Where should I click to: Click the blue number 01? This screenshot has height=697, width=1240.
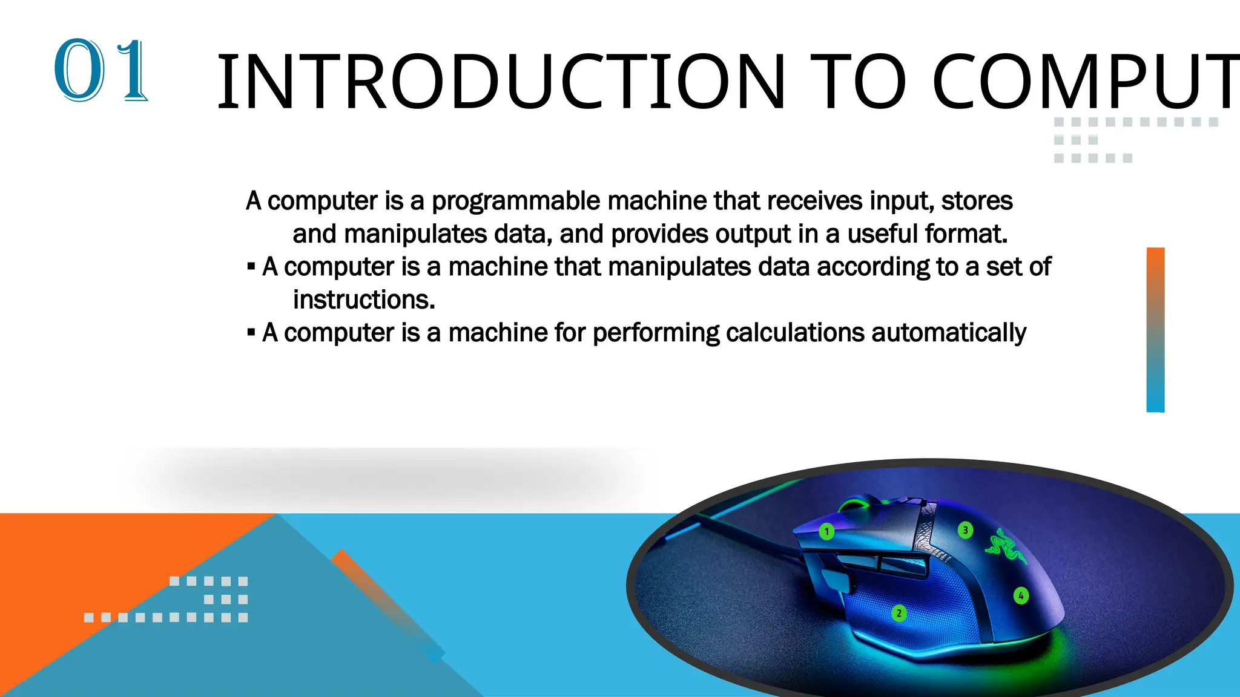101,70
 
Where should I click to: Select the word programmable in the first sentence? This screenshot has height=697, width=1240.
516,201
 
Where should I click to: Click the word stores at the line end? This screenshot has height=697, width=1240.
977,201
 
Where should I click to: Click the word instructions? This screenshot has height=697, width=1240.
364,300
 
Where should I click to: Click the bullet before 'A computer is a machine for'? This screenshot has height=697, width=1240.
251,332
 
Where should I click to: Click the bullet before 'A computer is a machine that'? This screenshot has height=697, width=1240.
251,266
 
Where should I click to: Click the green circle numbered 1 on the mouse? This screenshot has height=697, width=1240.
826,532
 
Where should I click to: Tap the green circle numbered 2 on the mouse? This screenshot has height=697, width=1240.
899,614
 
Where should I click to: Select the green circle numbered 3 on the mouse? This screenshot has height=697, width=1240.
965,531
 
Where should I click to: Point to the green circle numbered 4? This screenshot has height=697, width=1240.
1021,596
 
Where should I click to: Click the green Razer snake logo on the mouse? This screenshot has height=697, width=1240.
1005,544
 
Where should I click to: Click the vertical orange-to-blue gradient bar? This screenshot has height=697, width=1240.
1155,330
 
